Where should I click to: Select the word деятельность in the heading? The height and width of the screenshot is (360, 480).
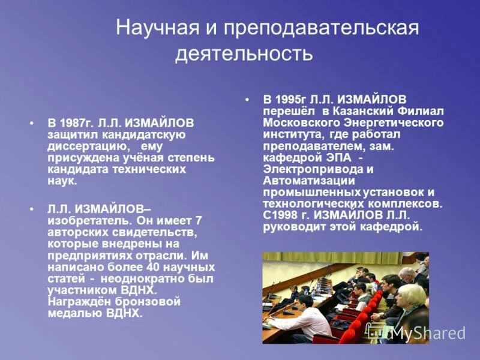244,53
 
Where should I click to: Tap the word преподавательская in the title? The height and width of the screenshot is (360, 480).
320,28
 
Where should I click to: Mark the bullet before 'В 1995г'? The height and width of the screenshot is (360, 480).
247,99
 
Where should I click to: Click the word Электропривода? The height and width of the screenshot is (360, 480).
308,169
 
